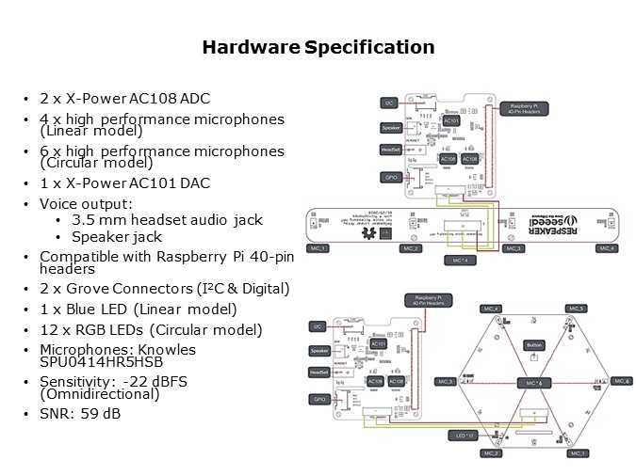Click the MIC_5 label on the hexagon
click(577, 308)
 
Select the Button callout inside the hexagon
click(534, 344)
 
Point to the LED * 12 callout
click(463, 436)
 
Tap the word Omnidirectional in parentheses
click(101, 397)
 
